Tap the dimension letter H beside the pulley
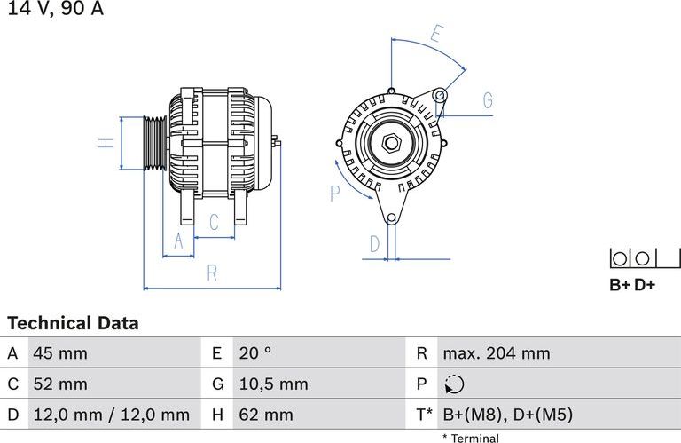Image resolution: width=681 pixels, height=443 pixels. (106, 143)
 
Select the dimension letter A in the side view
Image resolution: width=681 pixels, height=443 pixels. (178, 241)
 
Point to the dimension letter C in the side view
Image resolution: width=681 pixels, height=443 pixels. (214, 223)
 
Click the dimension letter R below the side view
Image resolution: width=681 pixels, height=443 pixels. (212, 273)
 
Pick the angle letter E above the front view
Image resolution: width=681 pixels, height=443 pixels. (436, 36)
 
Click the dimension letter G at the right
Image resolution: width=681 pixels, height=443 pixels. (488, 100)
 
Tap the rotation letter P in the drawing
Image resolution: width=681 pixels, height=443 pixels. (335, 193)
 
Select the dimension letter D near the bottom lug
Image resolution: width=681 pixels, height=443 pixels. (375, 243)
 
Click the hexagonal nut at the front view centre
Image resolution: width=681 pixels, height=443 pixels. (390, 142)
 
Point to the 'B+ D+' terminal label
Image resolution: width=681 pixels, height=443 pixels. (632, 285)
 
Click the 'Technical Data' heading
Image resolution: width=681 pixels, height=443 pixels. (73, 323)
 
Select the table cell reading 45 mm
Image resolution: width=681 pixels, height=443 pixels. (60, 353)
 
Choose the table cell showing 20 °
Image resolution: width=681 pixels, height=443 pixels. (254, 353)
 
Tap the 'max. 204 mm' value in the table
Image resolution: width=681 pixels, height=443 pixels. (496, 353)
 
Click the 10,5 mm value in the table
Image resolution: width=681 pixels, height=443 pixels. (273, 384)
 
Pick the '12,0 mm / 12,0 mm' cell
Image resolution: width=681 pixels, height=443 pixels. (111, 415)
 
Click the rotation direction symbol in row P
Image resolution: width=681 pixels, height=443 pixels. (453, 384)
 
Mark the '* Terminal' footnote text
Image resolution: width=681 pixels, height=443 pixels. (470, 438)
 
